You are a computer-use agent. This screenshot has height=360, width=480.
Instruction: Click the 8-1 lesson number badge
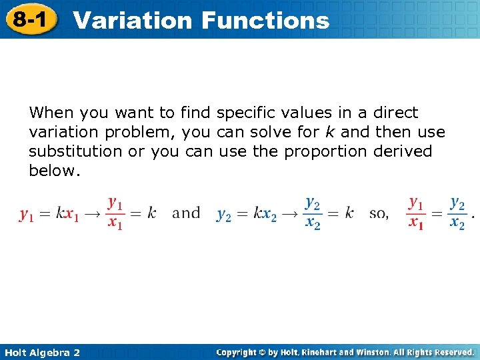(x=29, y=19)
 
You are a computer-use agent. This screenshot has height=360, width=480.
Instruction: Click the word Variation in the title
(x=133, y=21)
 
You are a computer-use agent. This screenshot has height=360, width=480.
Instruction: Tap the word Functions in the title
(x=265, y=21)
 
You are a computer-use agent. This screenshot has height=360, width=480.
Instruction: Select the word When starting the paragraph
(x=52, y=112)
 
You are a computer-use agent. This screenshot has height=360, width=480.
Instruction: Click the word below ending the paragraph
(x=53, y=171)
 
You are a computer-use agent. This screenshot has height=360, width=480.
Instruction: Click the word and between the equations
(x=186, y=213)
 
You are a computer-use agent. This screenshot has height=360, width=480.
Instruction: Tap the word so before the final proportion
(x=378, y=213)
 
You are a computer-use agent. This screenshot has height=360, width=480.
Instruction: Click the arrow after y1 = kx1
(x=92, y=214)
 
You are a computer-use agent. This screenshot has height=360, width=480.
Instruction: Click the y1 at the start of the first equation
(x=27, y=214)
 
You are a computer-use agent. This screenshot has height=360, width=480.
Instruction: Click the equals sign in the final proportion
(x=436, y=213)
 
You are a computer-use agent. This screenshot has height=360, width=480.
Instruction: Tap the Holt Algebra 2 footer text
(x=41, y=352)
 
